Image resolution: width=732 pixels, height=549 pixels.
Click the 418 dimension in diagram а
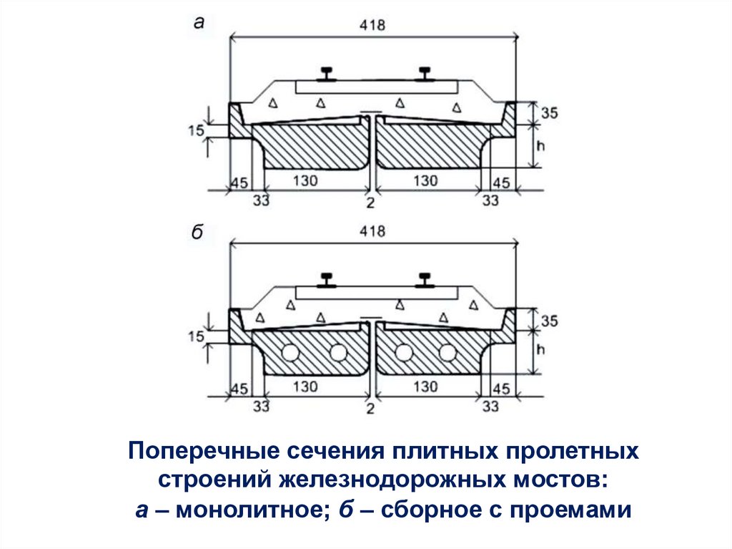pyautogui.click(x=372, y=26)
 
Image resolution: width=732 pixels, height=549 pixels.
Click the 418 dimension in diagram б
pyautogui.click(x=372, y=231)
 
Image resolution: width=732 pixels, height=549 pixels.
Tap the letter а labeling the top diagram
pyautogui.click(x=199, y=23)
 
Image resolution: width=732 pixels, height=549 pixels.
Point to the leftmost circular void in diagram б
pyautogui.click(x=292, y=352)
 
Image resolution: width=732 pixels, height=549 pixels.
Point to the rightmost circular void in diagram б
pyautogui.click(x=448, y=352)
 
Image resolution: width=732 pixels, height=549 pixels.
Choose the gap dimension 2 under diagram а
pyautogui.click(x=370, y=203)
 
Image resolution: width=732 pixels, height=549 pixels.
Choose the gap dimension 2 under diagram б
pyautogui.click(x=370, y=409)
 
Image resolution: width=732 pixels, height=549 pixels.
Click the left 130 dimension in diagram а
pyautogui.click(x=306, y=181)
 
